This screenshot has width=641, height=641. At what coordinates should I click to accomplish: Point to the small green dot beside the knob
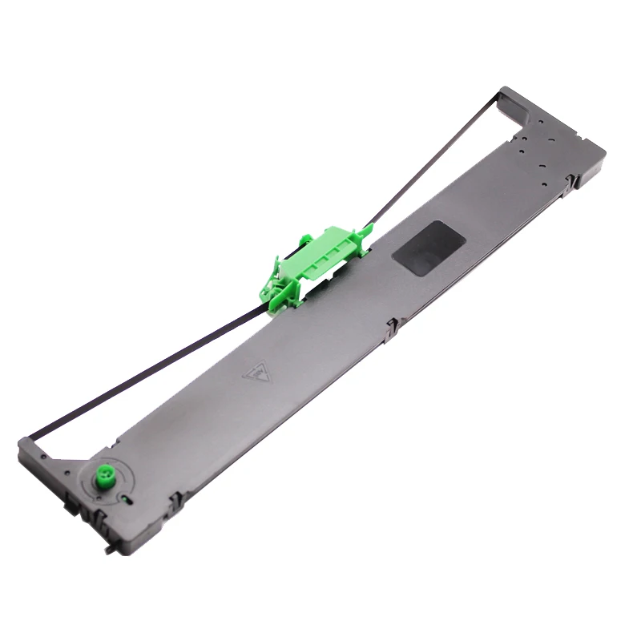pos(125,498)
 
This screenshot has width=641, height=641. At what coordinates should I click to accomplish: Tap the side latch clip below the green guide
pos(392,327)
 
